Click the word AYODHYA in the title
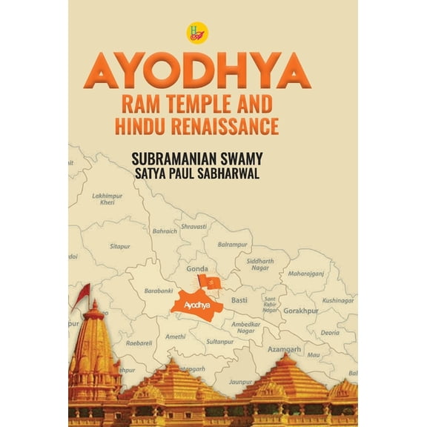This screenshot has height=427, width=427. click(196, 71)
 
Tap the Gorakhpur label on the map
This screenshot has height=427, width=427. click(299, 311)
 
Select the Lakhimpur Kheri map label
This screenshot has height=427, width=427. click(107, 199)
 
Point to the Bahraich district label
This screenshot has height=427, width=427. click(165, 231)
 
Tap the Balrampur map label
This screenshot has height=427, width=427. click(232, 243)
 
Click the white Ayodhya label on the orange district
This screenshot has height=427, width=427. click(196, 304)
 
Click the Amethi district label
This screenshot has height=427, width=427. click(175, 337)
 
